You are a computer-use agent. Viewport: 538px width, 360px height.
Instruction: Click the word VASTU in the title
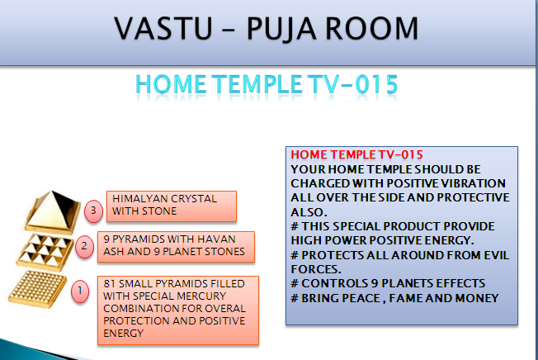tap(163, 28)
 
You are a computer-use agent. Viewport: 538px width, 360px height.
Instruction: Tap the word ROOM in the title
tap(371, 28)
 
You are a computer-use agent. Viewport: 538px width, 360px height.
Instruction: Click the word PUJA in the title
tap(281, 29)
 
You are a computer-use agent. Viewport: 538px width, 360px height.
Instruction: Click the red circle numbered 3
tap(93, 211)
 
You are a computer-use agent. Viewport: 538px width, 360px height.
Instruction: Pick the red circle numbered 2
tap(84, 246)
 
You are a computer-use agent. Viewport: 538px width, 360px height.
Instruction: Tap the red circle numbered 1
tap(80, 291)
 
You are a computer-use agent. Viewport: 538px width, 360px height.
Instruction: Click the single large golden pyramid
tap(53, 212)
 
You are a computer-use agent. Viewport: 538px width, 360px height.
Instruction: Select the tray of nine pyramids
tap(45, 252)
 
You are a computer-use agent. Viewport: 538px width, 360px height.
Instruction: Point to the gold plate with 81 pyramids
tap(37, 289)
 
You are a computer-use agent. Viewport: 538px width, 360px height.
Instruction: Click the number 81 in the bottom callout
tap(110, 283)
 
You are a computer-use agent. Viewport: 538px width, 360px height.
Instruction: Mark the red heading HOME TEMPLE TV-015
tap(356, 154)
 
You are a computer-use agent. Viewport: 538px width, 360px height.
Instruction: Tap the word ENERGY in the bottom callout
tap(124, 333)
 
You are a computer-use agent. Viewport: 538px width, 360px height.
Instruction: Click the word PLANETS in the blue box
tap(404, 283)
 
